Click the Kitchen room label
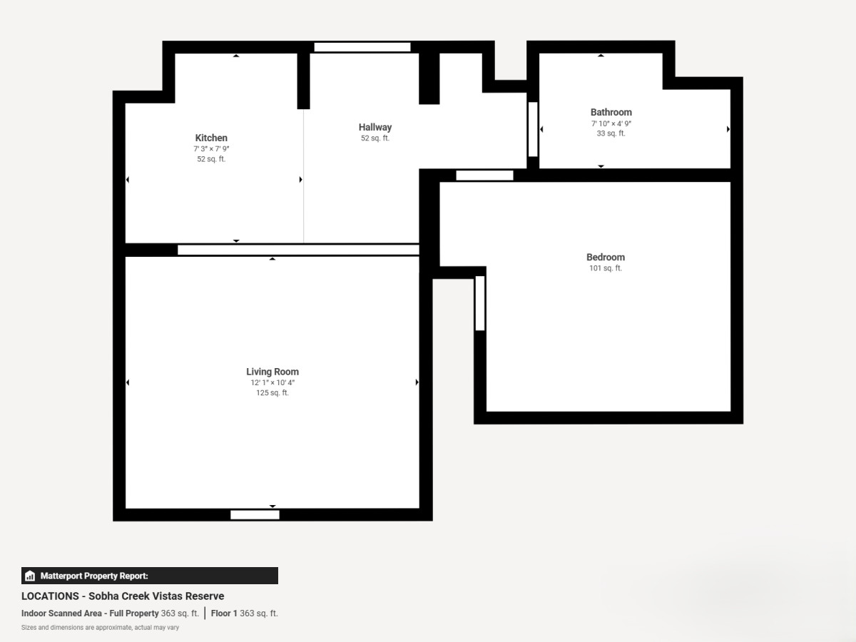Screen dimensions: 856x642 tap(211, 138)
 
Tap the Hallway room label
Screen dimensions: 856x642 tap(375, 127)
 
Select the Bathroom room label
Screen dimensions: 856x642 tap(611, 112)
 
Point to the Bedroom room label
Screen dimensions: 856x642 tap(606, 258)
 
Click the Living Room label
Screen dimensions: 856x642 tap(272, 372)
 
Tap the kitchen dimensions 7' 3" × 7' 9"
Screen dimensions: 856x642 tap(211, 149)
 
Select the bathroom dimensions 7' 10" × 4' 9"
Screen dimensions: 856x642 tap(611, 123)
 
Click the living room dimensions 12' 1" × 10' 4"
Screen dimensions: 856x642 tap(272, 383)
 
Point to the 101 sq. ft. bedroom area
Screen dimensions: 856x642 tap(606, 268)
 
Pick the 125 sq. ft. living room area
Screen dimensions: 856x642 tap(272, 393)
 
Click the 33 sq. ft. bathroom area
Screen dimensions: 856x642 tap(611, 133)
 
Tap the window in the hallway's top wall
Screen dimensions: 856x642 tap(362, 47)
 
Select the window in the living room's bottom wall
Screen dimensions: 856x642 tap(255, 515)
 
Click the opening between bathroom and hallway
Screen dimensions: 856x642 tap(533, 129)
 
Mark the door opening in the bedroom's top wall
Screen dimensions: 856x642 tap(485, 175)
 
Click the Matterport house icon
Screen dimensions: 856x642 tap(30, 576)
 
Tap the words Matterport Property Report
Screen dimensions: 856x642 tap(94, 576)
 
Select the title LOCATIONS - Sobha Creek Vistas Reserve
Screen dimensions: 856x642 tap(123, 596)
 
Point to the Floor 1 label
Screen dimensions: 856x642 tap(224, 613)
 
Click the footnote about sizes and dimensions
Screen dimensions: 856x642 tap(101, 628)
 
